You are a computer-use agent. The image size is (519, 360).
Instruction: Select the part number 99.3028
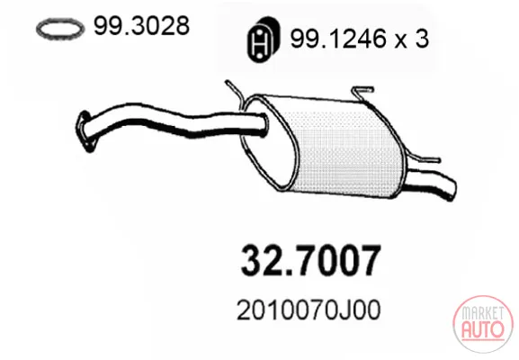tap(141, 25)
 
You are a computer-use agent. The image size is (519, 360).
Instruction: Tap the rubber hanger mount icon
tap(264, 40)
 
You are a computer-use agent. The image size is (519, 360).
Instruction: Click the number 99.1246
tap(338, 39)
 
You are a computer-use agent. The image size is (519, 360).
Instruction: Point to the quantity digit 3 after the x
tap(421, 39)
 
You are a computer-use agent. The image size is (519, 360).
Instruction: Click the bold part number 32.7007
tap(311, 261)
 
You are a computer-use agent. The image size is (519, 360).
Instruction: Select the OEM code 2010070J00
tap(309, 310)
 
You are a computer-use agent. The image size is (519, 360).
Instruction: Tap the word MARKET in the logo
tap(483, 313)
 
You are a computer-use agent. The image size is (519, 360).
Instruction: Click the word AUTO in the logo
tap(483, 328)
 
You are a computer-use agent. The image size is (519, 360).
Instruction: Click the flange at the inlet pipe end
tap(85, 130)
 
